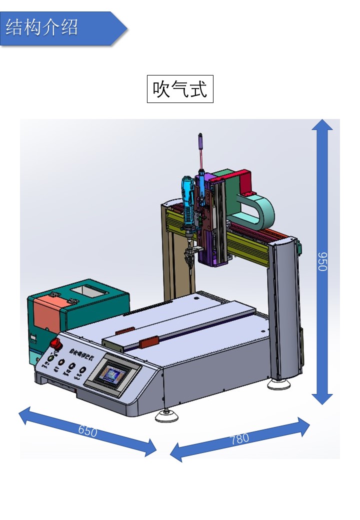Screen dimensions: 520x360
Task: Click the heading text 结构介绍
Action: pos(42,27)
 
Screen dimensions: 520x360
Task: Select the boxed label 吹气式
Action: pos(180,89)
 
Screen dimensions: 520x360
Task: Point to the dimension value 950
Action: pos(322,261)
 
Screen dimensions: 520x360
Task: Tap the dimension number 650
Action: pos(88,430)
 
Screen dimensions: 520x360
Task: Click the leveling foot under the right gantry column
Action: pos(278,384)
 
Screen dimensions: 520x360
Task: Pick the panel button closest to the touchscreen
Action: pos(82,370)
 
